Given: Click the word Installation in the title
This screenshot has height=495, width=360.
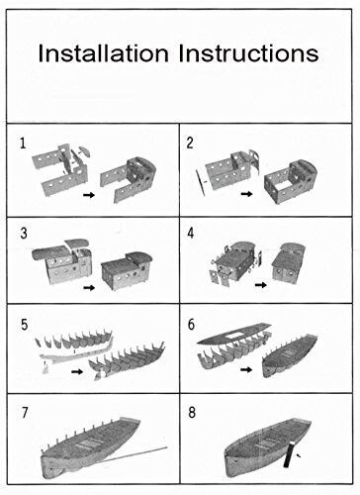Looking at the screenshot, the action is (103, 53).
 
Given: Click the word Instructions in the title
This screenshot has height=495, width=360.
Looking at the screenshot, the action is (248, 53).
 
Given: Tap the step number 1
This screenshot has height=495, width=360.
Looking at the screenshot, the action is (23, 144).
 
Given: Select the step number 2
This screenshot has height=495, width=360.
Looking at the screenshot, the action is (190, 143).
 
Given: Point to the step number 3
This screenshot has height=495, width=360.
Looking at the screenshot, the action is (24, 234).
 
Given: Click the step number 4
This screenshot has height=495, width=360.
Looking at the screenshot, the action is (191, 233).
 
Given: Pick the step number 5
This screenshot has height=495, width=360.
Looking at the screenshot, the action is (24, 325).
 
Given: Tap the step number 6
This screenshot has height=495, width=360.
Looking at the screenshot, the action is (191, 325).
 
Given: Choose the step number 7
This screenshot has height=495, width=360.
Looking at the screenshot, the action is (25, 413).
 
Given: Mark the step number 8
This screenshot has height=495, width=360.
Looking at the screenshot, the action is (192, 413).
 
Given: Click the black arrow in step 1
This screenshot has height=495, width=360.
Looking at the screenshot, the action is (89, 195).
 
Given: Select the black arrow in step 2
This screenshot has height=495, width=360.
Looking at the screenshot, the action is (246, 194).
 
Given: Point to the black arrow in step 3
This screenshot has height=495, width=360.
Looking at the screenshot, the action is (89, 288).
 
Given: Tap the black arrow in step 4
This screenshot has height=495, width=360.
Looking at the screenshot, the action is (261, 285).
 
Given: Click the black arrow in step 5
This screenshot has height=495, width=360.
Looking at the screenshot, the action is (77, 371).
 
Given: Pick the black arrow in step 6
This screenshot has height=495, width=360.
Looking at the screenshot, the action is (246, 369).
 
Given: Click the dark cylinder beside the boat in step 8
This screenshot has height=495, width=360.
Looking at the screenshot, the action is (288, 454).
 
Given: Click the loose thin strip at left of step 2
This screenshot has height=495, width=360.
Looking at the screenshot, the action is (200, 182).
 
